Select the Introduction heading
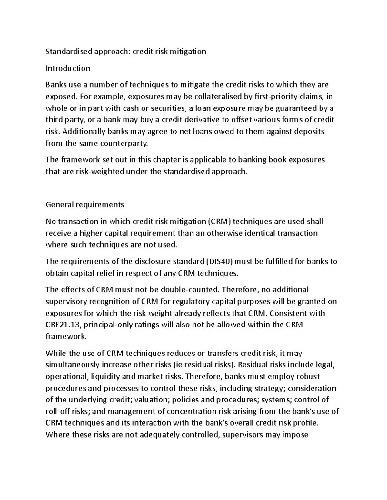click(x=68, y=68)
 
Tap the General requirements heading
click(x=85, y=204)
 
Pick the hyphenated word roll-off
click(x=57, y=411)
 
